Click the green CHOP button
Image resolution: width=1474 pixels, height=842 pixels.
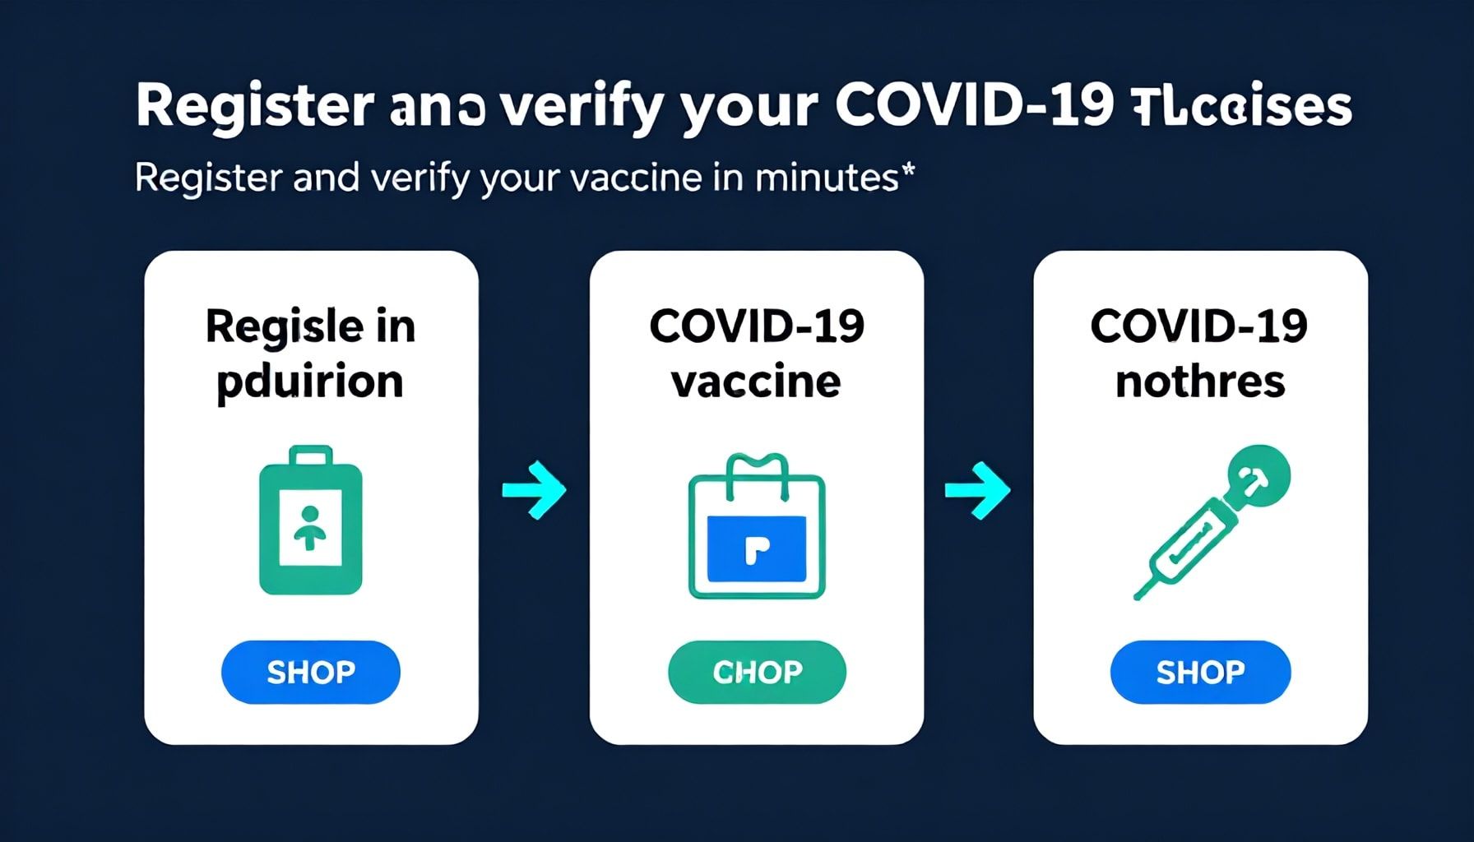click(757, 672)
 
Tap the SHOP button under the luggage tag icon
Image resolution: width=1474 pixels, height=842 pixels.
click(311, 672)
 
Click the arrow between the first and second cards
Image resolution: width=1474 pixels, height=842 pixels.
click(535, 490)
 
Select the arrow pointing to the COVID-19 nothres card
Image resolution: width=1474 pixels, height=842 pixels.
click(977, 490)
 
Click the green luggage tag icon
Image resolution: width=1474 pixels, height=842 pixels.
click(311, 521)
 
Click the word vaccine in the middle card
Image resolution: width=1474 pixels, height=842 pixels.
click(757, 382)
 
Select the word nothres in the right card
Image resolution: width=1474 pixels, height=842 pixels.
click(1200, 382)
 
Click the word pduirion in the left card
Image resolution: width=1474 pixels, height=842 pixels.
click(310, 382)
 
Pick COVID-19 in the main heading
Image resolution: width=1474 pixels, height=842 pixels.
click(974, 106)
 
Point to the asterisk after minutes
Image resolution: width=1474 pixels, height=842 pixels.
click(908, 170)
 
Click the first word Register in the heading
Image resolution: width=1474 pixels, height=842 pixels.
click(255, 106)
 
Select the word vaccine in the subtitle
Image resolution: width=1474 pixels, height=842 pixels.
click(636, 178)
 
